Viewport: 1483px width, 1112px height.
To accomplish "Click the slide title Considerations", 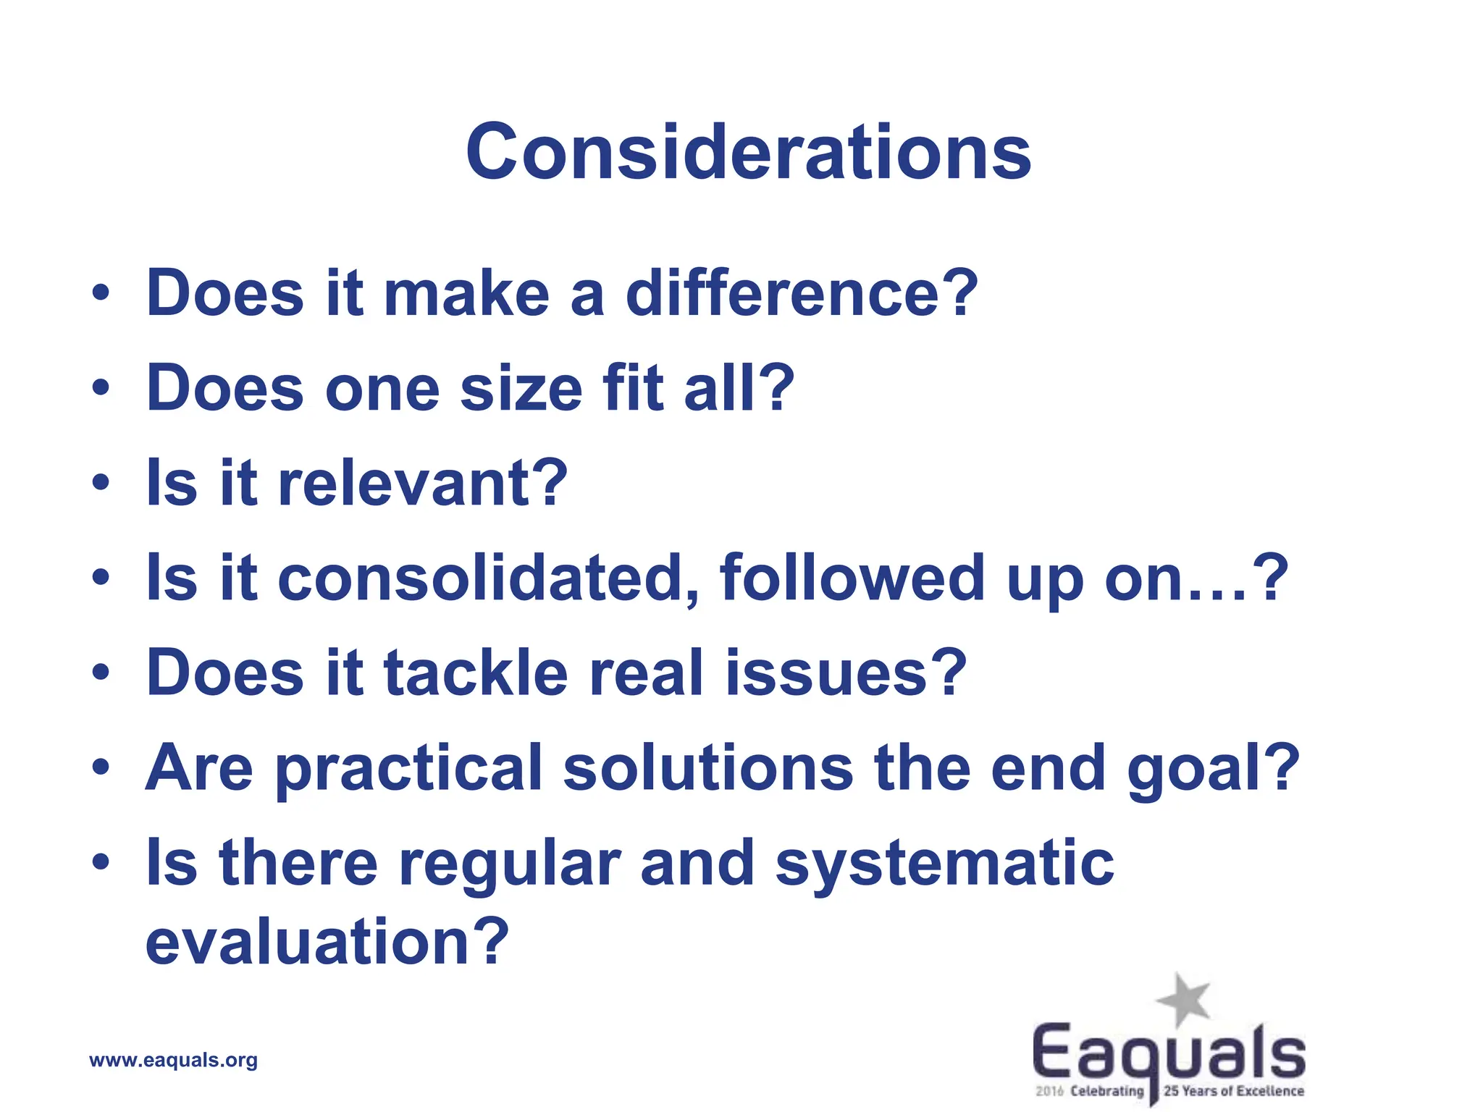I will click(x=748, y=152).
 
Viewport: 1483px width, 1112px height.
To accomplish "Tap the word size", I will click(x=521, y=389).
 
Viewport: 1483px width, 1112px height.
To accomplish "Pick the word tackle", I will click(x=476, y=673).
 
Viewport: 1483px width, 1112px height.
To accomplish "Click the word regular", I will click(x=510, y=864).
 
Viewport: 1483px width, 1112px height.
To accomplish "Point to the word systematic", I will click(x=944, y=864).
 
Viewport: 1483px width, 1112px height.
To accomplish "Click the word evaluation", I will click(x=311, y=942).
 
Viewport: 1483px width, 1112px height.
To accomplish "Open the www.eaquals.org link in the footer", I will click(x=173, y=1061).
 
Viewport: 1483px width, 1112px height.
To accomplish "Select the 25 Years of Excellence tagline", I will click(x=1233, y=1091).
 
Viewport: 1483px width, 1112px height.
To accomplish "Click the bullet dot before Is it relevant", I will click(x=101, y=484).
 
